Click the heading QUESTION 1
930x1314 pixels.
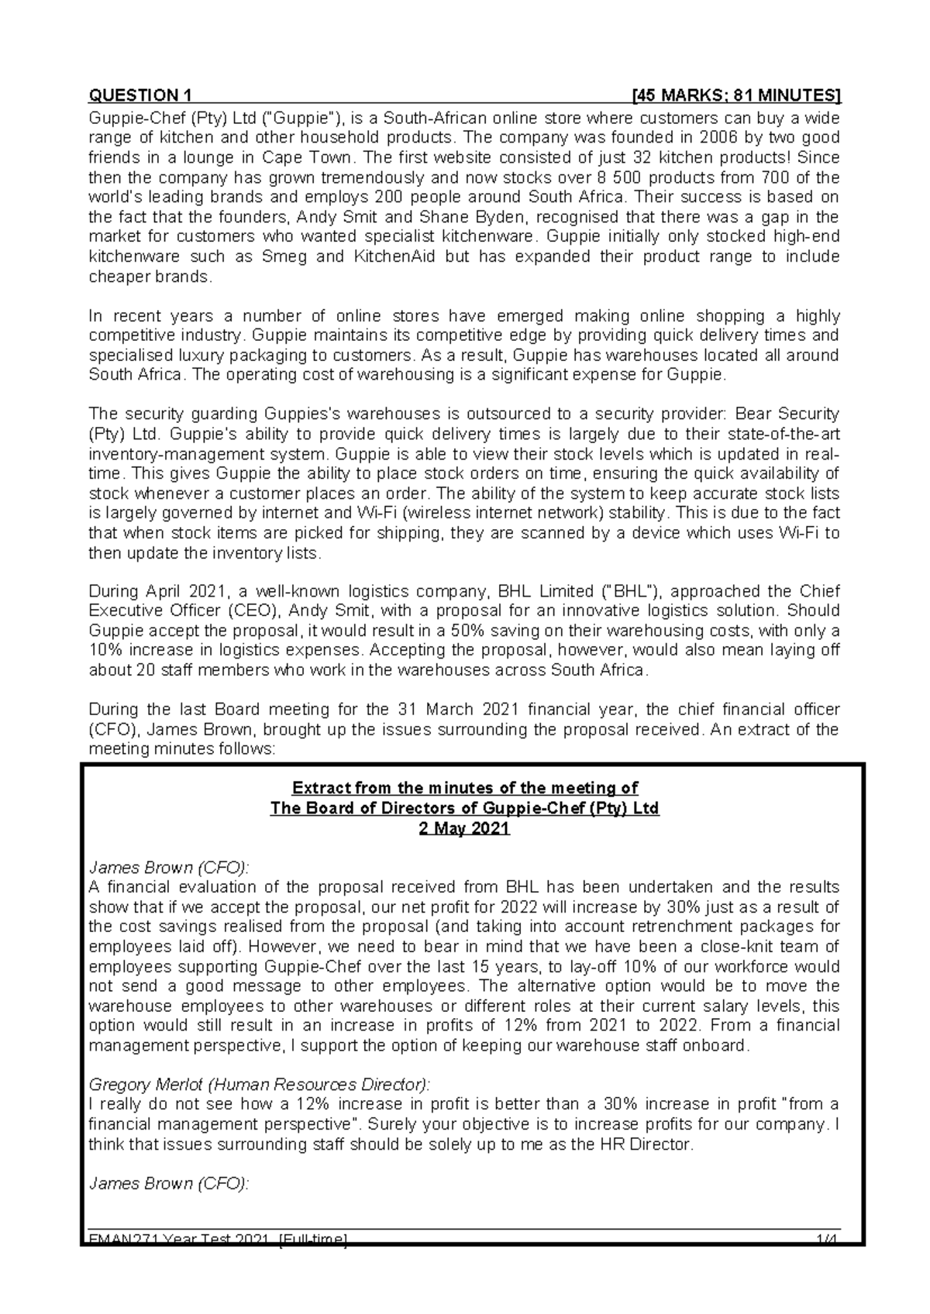click(140, 96)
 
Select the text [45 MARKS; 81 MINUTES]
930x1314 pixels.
click(736, 96)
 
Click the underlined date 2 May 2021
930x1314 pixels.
click(463, 828)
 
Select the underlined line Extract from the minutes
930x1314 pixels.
click(463, 789)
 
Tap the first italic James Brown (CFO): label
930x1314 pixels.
click(169, 868)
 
